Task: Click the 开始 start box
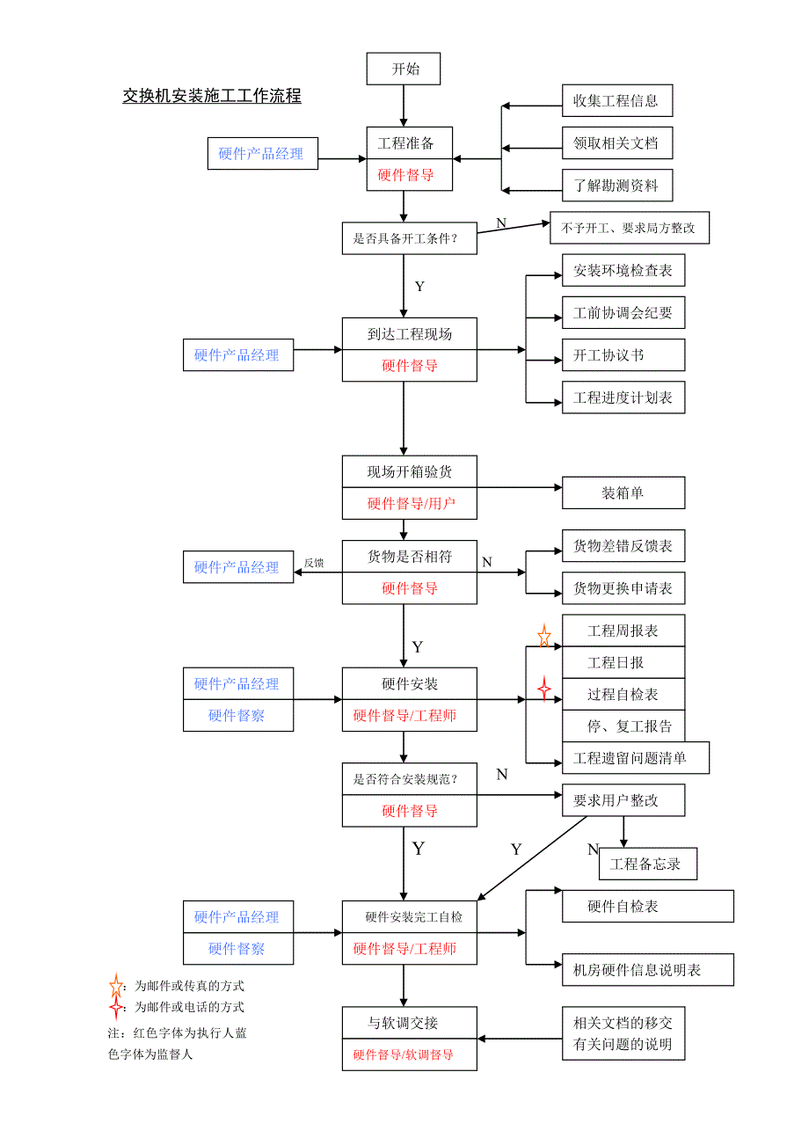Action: [404, 69]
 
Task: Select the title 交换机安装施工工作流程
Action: [212, 97]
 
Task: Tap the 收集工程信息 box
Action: [617, 100]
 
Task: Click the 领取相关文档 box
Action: [617, 142]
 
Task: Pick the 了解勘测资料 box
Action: [617, 186]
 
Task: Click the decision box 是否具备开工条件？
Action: [409, 237]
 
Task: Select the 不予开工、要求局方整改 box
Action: [629, 228]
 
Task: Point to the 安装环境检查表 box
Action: [623, 271]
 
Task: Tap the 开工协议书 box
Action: [623, 355]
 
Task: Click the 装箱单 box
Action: [623, 493]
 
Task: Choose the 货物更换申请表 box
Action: [623, 588]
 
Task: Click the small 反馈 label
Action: [314, 563]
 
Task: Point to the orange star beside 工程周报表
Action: [544, 636]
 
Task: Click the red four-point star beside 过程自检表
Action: [544, 688]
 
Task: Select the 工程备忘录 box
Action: [647, 864]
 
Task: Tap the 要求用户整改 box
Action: [623, 800]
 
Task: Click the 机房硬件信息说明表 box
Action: [647, 970]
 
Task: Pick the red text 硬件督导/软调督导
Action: [404, 1054]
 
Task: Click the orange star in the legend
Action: [116, 986]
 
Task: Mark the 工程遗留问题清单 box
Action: [635, 758]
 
